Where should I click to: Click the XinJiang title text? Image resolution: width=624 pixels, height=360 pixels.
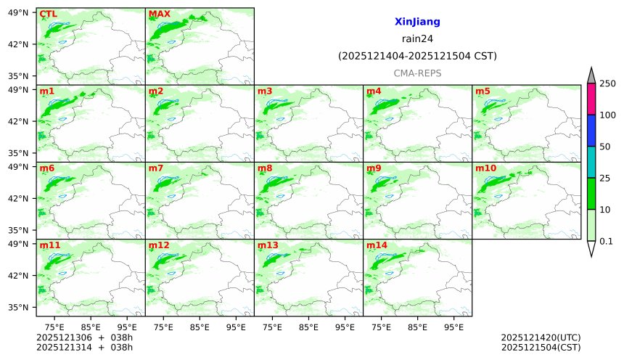coord(417,22)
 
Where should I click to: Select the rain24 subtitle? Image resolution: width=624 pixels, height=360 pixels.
coord(417,39)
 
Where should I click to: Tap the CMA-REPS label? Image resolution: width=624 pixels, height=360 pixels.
coord(417,73)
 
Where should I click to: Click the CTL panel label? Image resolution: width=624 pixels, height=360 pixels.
coord(48,14)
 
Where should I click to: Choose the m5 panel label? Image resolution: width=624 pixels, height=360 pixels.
coord(483,91)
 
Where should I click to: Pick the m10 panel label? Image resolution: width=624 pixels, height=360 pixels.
coord(485,168)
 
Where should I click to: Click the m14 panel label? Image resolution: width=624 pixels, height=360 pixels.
coord(377,245)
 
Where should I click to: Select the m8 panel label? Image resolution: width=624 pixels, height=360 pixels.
coord(265,168)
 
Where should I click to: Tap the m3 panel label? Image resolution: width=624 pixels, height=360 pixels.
coord(265,91)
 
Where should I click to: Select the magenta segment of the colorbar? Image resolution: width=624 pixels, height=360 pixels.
coord(591,99)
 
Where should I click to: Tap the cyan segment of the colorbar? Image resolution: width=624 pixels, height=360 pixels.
coord(591,162)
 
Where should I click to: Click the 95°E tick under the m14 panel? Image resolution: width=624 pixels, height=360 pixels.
coord(454,327)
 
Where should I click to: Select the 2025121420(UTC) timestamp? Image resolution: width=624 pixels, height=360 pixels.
coord(541,337)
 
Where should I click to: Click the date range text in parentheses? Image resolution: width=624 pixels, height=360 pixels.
coord(417,56)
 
